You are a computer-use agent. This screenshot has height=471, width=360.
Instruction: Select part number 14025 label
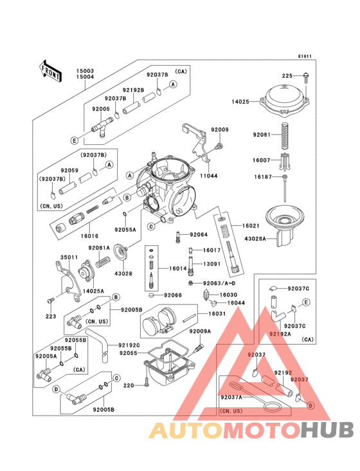241,101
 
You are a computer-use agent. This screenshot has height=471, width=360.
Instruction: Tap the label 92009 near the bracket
220,130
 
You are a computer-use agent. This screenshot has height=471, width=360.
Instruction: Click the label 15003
86,70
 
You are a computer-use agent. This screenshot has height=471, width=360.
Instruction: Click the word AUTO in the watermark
186,431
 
